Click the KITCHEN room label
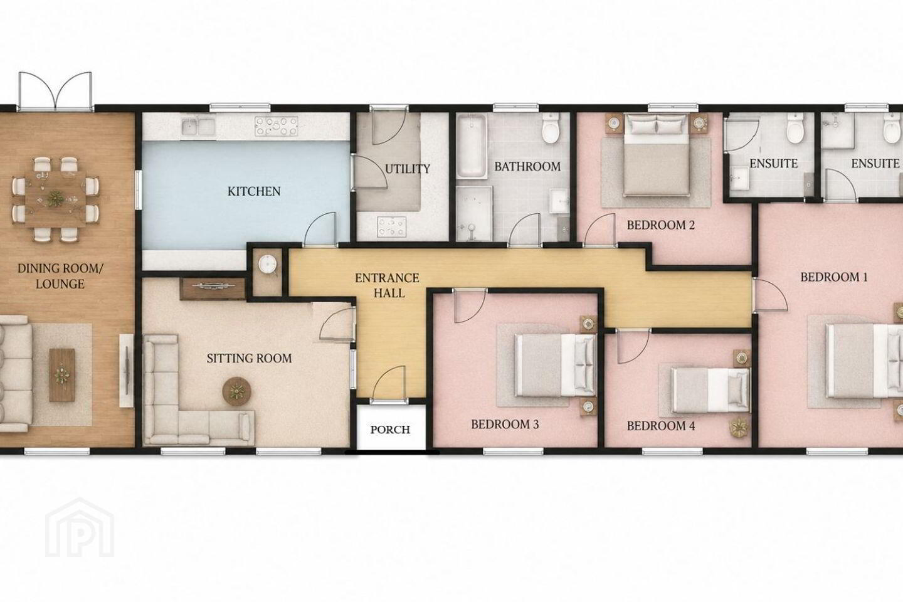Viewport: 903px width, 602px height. click(x=254, y=191)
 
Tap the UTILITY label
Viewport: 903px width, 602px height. click(x=408, y=169)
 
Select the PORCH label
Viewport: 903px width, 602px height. click(x=390, y=430)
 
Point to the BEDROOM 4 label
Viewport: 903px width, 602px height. click(x=661, y=426)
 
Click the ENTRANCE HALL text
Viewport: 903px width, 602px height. click(x=387, y=285)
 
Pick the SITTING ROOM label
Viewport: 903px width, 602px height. click(x=249, y=358)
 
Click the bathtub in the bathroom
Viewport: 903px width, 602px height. click(x=472, y=145)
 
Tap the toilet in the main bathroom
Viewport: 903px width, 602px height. click(x=551, y=128)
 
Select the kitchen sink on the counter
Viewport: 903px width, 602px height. click(x=198, y=127)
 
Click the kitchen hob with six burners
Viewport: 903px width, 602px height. click(x=276, y=126)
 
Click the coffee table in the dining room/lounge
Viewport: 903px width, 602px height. click(x=62, y=375)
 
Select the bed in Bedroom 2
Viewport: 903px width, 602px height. click(x=655, y=155)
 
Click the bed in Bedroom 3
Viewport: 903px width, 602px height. click(x=556, y=365)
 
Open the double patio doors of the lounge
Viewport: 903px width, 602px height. click(x=55, y=92)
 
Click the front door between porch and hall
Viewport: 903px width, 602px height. click(x=389, y=383)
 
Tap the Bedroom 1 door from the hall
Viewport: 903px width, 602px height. click(x=770, y=295)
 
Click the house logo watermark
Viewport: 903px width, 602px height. click(x=80, y=528)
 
